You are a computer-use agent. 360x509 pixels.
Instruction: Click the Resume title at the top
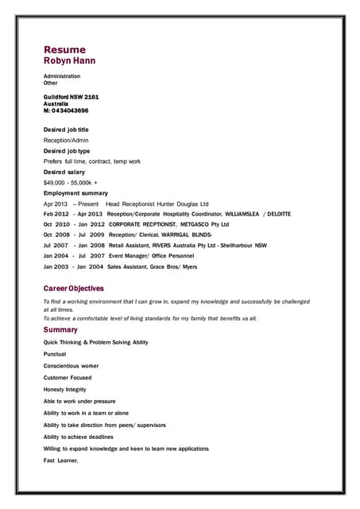[x=64, y=49]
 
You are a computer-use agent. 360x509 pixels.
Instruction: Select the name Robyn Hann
[x=71, y=60]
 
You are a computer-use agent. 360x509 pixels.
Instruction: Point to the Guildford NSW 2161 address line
[x=71, y=96]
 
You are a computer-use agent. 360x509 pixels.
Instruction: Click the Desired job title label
[x=66, y=130]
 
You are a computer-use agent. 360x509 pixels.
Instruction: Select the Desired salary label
[x=64, y=172]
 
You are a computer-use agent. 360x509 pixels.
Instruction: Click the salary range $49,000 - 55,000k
[x=70, y=183]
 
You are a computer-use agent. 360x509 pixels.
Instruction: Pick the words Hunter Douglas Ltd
[x=183, y=204]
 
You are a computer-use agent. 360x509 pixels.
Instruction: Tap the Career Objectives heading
[x=73, y=288]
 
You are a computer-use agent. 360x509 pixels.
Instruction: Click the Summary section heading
[x=60, y=329]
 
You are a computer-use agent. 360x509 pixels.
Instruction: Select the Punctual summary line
[x=55, y=354]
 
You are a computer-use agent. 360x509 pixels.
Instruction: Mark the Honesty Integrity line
[x=65, y=390]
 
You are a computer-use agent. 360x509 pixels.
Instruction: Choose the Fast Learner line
[x=61, y=460]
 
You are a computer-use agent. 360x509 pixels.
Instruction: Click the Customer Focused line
[x=68, y=378]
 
